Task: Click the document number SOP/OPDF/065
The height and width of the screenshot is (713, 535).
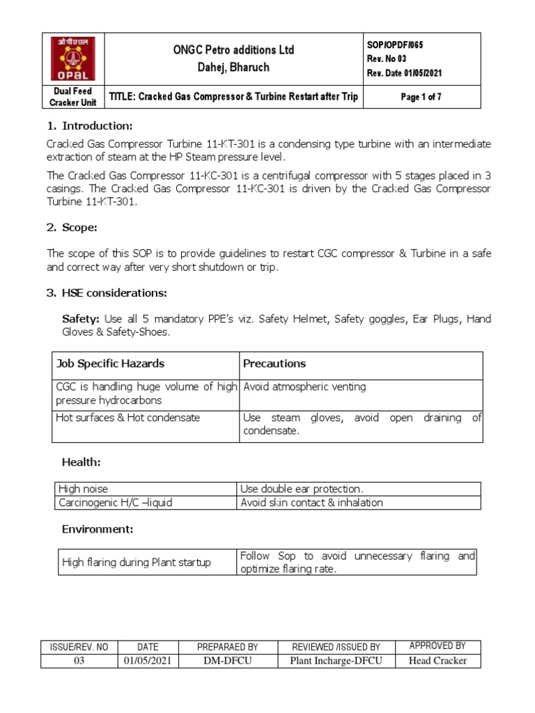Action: tap(394, 45)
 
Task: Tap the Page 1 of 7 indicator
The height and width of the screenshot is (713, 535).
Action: tap(421, 97)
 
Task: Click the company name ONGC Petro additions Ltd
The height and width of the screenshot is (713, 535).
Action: tap(233, 49)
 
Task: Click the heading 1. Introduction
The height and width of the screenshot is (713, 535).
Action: tap(88, 126)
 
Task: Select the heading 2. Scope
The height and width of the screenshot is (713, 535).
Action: tap(75, 227)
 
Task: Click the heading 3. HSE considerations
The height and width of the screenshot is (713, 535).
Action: tap(107, 292)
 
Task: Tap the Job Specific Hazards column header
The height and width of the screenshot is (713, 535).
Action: tap(109, 363)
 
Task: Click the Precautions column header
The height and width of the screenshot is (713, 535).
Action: tap(274, 363)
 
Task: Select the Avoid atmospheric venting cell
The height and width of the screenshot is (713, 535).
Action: tap(304, 386)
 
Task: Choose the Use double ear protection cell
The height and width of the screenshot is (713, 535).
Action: tap(302, 489)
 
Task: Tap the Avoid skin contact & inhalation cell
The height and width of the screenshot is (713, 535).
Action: tap(311, 503)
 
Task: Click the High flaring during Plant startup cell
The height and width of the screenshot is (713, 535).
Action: tap(137, 562)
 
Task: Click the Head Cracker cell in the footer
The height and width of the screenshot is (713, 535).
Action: tap(437, 661)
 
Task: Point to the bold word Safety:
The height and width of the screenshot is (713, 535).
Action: tap(82, 319)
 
